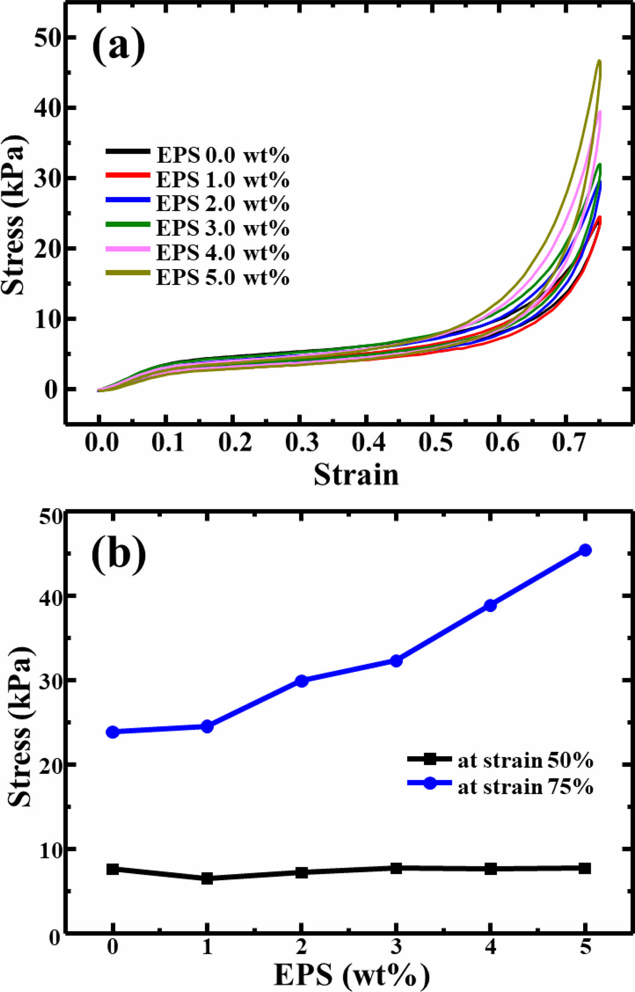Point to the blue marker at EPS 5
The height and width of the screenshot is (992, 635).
click(585, 550)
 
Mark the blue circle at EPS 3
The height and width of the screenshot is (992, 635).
click(396, 661)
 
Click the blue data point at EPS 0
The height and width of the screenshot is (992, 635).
click(113, 732)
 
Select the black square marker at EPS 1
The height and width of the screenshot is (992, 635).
click(207, 878)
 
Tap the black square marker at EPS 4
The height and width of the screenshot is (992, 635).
click(491, 869)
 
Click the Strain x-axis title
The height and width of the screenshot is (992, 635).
click(356, 475)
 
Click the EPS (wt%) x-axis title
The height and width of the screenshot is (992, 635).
click(352, 975)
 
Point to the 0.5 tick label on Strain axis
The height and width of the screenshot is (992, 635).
click(435, 443)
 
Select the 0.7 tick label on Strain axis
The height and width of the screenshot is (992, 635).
click(569, 443)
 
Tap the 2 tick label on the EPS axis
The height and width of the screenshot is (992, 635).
click(302, 947)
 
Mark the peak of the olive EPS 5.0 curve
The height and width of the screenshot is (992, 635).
click(599, 61)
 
